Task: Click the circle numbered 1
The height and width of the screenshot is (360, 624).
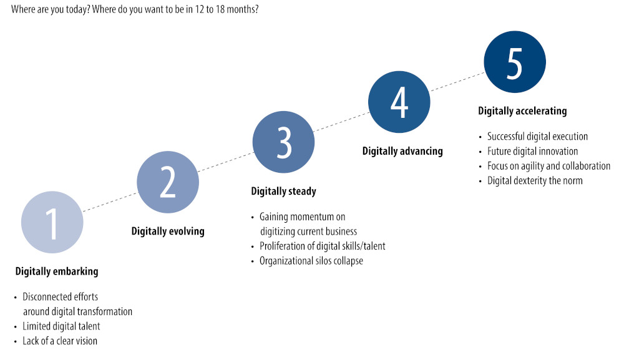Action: (52, 222)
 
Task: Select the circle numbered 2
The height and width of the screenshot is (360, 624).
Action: (168, 182)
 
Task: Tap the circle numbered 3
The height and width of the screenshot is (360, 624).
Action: (283, 142)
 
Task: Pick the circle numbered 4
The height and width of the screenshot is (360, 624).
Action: (399, 102)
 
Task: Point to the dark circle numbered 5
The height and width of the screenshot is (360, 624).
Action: (515, 62)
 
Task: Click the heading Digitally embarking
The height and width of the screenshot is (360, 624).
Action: (57, 271)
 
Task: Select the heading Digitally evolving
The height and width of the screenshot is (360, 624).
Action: (168, 231)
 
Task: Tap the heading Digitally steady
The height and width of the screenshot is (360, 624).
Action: (284, 192)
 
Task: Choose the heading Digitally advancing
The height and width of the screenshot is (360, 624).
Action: (402, 151)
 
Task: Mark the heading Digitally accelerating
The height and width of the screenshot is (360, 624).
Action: (522, 111)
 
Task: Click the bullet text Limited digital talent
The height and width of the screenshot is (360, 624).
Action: (61, 326)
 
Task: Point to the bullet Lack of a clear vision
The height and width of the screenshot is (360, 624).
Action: (60, 341)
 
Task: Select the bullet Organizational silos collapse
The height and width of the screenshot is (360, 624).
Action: (311, 261)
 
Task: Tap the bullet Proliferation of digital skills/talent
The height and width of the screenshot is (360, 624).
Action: (323, 246)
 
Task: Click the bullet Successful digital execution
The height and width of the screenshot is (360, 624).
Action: (538, 137)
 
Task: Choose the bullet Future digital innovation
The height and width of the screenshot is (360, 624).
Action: (532, 151)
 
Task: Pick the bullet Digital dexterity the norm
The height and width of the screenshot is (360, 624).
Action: (535, 180)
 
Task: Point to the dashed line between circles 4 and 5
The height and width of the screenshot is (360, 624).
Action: (457, 82)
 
